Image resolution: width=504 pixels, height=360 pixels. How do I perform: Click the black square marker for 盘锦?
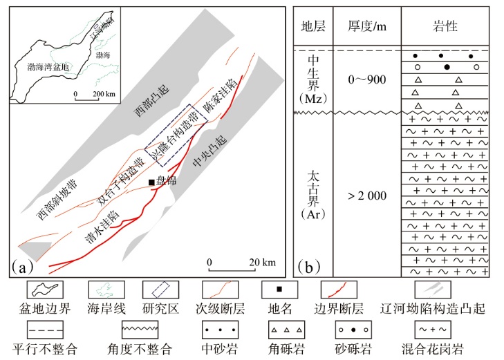151,182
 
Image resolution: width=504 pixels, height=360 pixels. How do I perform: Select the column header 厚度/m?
366,27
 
